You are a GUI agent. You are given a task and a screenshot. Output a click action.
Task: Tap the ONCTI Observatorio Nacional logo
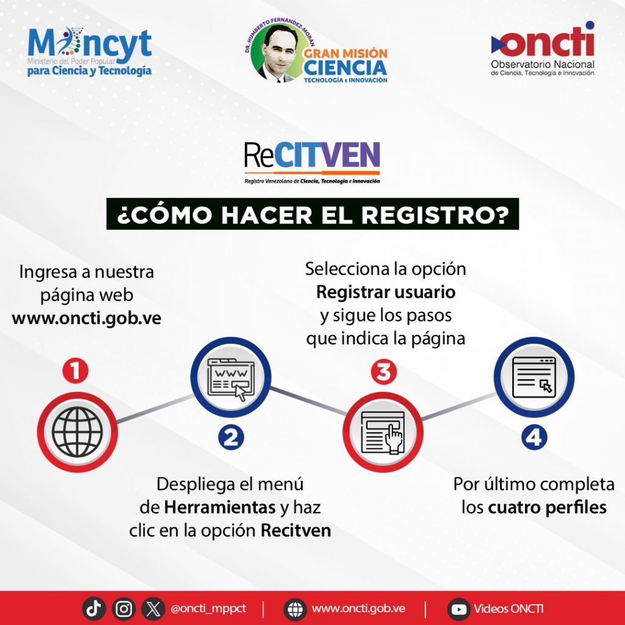542,51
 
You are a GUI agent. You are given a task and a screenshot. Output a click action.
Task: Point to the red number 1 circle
76,370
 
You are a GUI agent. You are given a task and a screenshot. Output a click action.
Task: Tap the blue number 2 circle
231,437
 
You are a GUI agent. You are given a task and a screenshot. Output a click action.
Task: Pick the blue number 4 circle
534,438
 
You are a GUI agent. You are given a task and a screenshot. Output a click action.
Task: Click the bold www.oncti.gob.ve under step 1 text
87,319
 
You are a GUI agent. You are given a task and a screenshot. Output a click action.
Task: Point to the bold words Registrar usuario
386,292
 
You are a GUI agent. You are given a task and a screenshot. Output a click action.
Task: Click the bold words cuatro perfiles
547,508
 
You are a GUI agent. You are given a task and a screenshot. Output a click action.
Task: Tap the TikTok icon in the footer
94,608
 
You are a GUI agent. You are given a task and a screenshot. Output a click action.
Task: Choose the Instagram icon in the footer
124,608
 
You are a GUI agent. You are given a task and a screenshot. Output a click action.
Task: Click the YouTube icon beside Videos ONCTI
458,609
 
